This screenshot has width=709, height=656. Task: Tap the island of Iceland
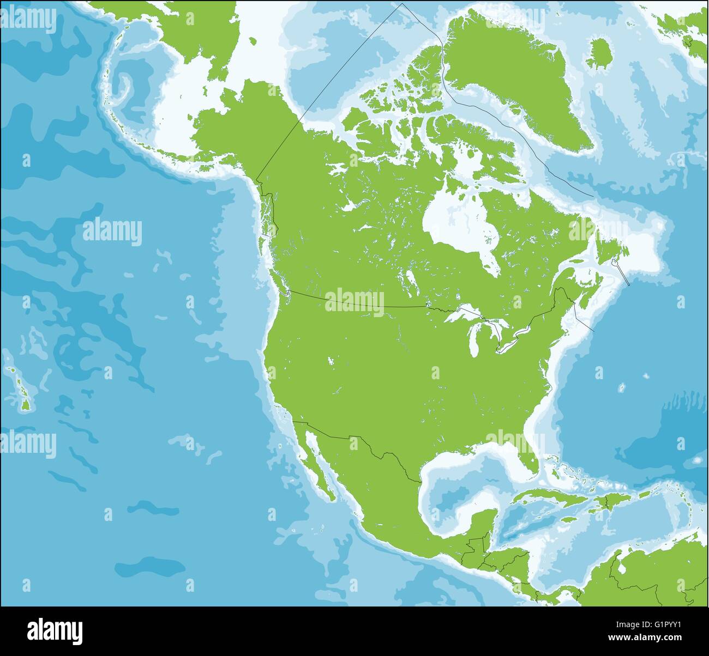tap(602, 53)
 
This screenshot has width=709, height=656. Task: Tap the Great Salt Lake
tap(331, 361)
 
